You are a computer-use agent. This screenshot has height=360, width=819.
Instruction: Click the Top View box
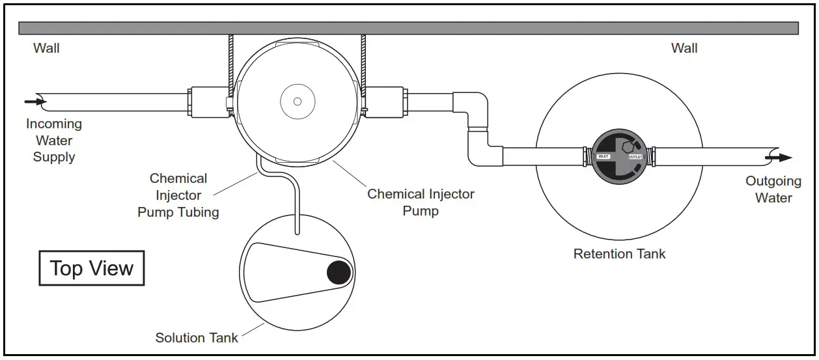(x=91, y=268)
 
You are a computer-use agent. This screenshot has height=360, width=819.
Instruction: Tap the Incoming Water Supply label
(x=54, y=140)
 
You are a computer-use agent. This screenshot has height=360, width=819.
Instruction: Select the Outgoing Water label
(x=773, y=189)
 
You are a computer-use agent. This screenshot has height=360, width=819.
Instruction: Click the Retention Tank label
(x=619, y=254)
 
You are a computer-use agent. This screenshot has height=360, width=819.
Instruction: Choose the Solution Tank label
(x=197, y=337)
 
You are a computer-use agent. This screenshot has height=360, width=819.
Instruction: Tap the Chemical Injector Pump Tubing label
(x=178, y=195)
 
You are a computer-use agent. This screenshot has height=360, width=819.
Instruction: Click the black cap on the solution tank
(x=339, y=272)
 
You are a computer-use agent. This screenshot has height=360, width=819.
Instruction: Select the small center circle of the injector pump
(x=297, y=101)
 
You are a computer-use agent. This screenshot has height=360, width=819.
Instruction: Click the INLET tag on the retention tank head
(x=603, y=156)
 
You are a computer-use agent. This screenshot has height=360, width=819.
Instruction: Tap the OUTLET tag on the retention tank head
(x=635, y=157)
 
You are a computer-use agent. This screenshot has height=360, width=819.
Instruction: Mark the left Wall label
(x=46, y=48)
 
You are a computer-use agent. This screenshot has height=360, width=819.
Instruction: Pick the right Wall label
(x=684, y=48)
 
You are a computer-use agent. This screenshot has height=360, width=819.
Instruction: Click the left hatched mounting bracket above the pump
(x=230, y=62)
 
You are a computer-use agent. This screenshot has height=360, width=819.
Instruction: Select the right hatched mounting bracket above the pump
(x=363, y=62)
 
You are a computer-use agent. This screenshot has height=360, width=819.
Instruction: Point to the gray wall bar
(x=408, y=28)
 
